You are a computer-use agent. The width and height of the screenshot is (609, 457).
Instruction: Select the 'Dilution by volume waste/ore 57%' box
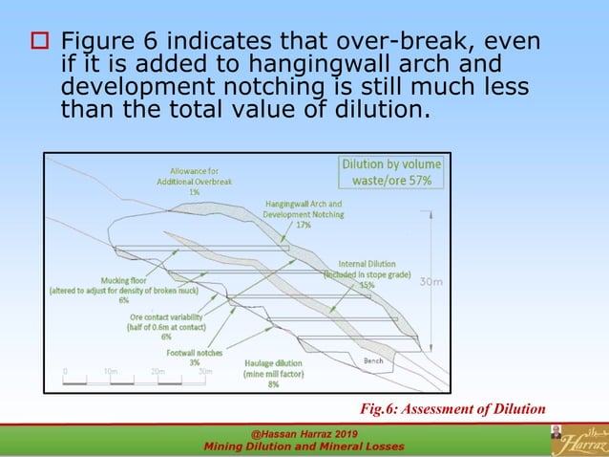tap(391, 172)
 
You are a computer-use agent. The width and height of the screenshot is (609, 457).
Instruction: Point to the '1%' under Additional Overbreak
tap(194, 192)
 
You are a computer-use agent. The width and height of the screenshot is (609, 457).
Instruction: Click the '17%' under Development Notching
tap(304, 226)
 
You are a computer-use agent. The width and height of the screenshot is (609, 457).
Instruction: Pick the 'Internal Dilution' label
tap(367, 264)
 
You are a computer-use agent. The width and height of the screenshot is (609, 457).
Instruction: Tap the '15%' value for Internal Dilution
tap(367, 285)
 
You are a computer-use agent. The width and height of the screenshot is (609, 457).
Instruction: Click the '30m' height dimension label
tap(431, 282)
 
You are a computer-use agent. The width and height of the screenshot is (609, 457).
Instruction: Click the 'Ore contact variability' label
tap(166, 316)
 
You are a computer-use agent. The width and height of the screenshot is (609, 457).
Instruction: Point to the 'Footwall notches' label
tap(194, 353)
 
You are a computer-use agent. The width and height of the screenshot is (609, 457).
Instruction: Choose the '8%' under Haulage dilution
tap(273, 384)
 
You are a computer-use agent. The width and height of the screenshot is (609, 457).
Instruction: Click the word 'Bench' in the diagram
tap(373, 361)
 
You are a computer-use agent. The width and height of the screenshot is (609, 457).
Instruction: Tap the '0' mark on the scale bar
tap(66, 371)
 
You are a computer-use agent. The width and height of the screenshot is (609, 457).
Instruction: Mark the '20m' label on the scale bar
tap(157, 371)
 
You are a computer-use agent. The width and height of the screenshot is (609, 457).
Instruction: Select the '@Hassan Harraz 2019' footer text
tap(304, 435)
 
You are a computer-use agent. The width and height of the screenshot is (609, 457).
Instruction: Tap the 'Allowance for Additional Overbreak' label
tap(194, 176)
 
